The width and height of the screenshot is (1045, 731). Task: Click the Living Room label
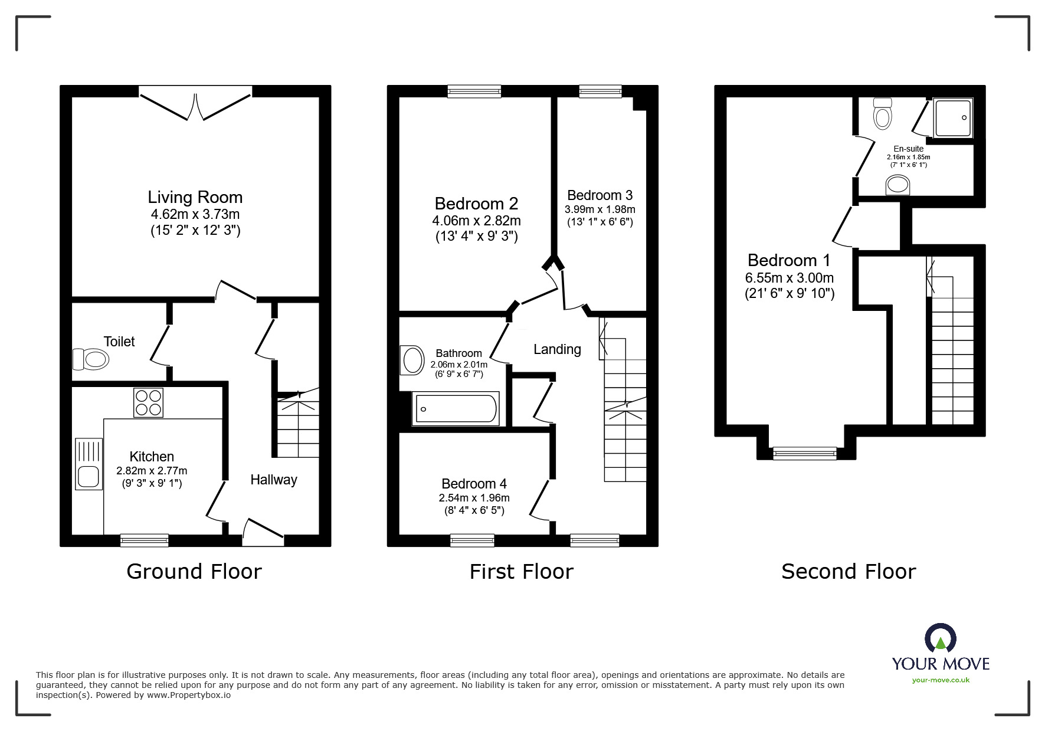(195, 197)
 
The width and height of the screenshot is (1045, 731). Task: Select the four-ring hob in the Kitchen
(148, 402)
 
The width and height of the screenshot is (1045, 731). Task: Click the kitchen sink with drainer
(89, 464)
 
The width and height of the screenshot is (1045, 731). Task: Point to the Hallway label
(273, 480)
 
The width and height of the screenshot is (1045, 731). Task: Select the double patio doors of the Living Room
(195, 103)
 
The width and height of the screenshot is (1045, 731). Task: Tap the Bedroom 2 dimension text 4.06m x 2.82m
(476, 221)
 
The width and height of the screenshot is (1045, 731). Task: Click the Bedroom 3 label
(600, 195)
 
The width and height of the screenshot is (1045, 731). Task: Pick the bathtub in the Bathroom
(456, 408)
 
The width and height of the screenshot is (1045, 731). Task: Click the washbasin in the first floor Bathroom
(412, 360)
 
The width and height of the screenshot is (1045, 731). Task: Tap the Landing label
(557, 349)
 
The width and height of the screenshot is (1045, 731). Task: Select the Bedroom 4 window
(472, 540)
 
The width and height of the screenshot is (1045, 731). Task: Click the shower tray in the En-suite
(952, 117)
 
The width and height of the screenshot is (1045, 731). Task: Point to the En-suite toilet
(883, 113)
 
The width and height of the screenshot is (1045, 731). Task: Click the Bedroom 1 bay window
(804, 453)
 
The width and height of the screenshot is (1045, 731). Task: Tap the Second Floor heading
(848, 571)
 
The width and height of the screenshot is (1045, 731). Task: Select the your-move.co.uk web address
(941, 680)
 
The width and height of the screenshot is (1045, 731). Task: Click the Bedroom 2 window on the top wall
(474, 91)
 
